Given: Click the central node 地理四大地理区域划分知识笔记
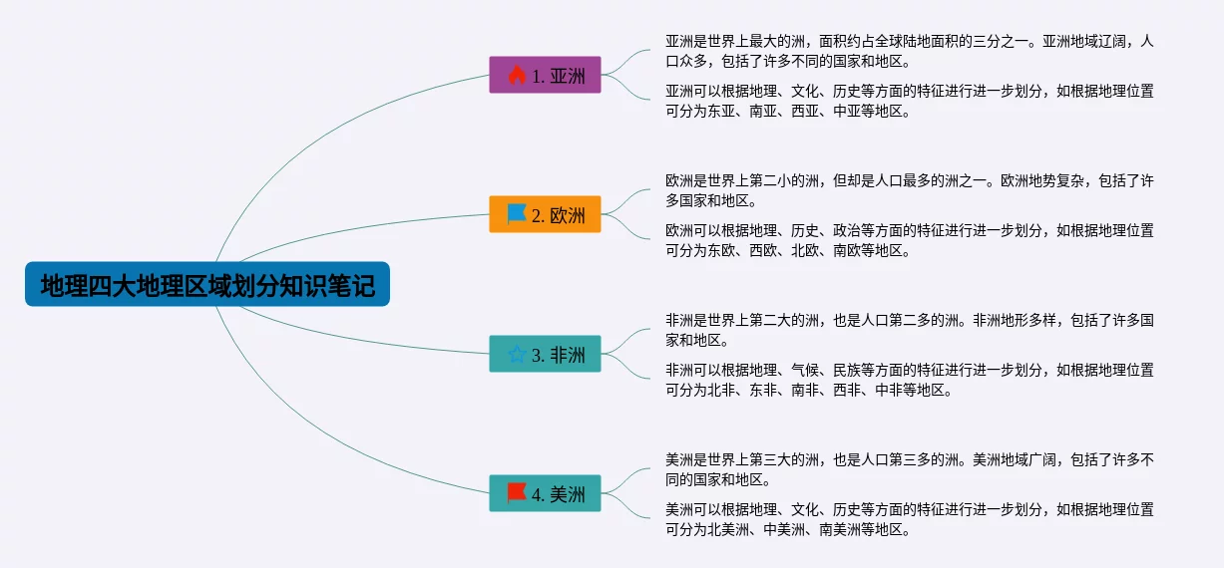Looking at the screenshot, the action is [207, 284].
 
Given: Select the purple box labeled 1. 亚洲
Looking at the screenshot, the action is [545, 75].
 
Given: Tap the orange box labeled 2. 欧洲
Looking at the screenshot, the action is [545, 214].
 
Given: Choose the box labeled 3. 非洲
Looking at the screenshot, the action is [545, 354].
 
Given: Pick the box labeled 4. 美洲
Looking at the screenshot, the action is [545, 493].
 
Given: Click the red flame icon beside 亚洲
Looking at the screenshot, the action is [517, 75].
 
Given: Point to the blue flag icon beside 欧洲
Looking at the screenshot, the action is [516, 214].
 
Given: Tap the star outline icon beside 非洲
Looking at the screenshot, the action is [517, 354].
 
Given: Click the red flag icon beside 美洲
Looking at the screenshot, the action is [516, 492].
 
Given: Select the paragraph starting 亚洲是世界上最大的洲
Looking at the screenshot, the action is [909, 51].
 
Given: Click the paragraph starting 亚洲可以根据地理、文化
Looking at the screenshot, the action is [909, 101].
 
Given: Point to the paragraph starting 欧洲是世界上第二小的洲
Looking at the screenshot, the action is [909, 190].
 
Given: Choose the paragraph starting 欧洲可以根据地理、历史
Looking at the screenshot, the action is [909, 240].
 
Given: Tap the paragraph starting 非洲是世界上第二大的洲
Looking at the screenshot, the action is [909, 330].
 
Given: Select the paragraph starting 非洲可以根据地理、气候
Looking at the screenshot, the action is [909, 381].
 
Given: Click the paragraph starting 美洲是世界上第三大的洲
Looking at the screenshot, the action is [909, 469].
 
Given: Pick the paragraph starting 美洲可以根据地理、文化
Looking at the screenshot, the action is [909, 519].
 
